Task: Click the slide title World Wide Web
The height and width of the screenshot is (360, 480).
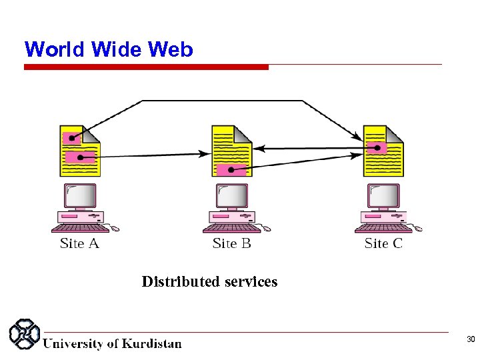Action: tap(109, 49)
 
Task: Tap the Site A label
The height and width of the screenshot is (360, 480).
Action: tap(79, 243)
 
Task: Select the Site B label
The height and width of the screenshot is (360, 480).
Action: tap(231, 243)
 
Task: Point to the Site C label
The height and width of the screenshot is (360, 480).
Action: tap(383, 243)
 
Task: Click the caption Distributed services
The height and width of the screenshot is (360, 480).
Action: tap(209, 282)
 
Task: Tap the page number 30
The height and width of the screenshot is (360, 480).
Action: tap(470, 340)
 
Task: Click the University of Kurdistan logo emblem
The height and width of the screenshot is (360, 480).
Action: tap(23, 335)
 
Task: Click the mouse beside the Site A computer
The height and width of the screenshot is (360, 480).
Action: tap(115, 229)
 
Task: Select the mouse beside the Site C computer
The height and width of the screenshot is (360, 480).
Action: tap(417, 229)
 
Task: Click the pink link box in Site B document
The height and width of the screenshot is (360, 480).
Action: tap(231, 169)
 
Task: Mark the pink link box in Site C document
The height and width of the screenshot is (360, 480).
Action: tap(377, 147)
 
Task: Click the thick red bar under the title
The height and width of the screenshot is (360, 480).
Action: tap(146, 67)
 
